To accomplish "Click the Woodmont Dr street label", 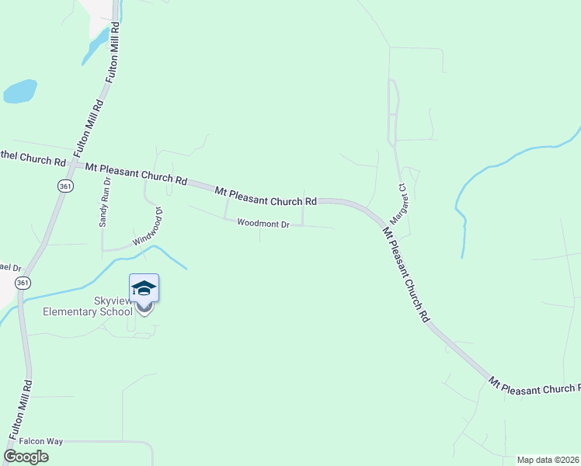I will coord(263,224).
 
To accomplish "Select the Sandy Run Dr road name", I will coord(105,202).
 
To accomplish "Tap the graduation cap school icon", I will coord(144,288).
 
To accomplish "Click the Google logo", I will coord(26,457).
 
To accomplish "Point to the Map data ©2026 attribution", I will coord(548,460).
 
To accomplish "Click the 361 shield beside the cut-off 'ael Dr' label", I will coord(23,282).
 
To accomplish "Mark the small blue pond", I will coord(19,92).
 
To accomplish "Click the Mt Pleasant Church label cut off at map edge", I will coord(534,385).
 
